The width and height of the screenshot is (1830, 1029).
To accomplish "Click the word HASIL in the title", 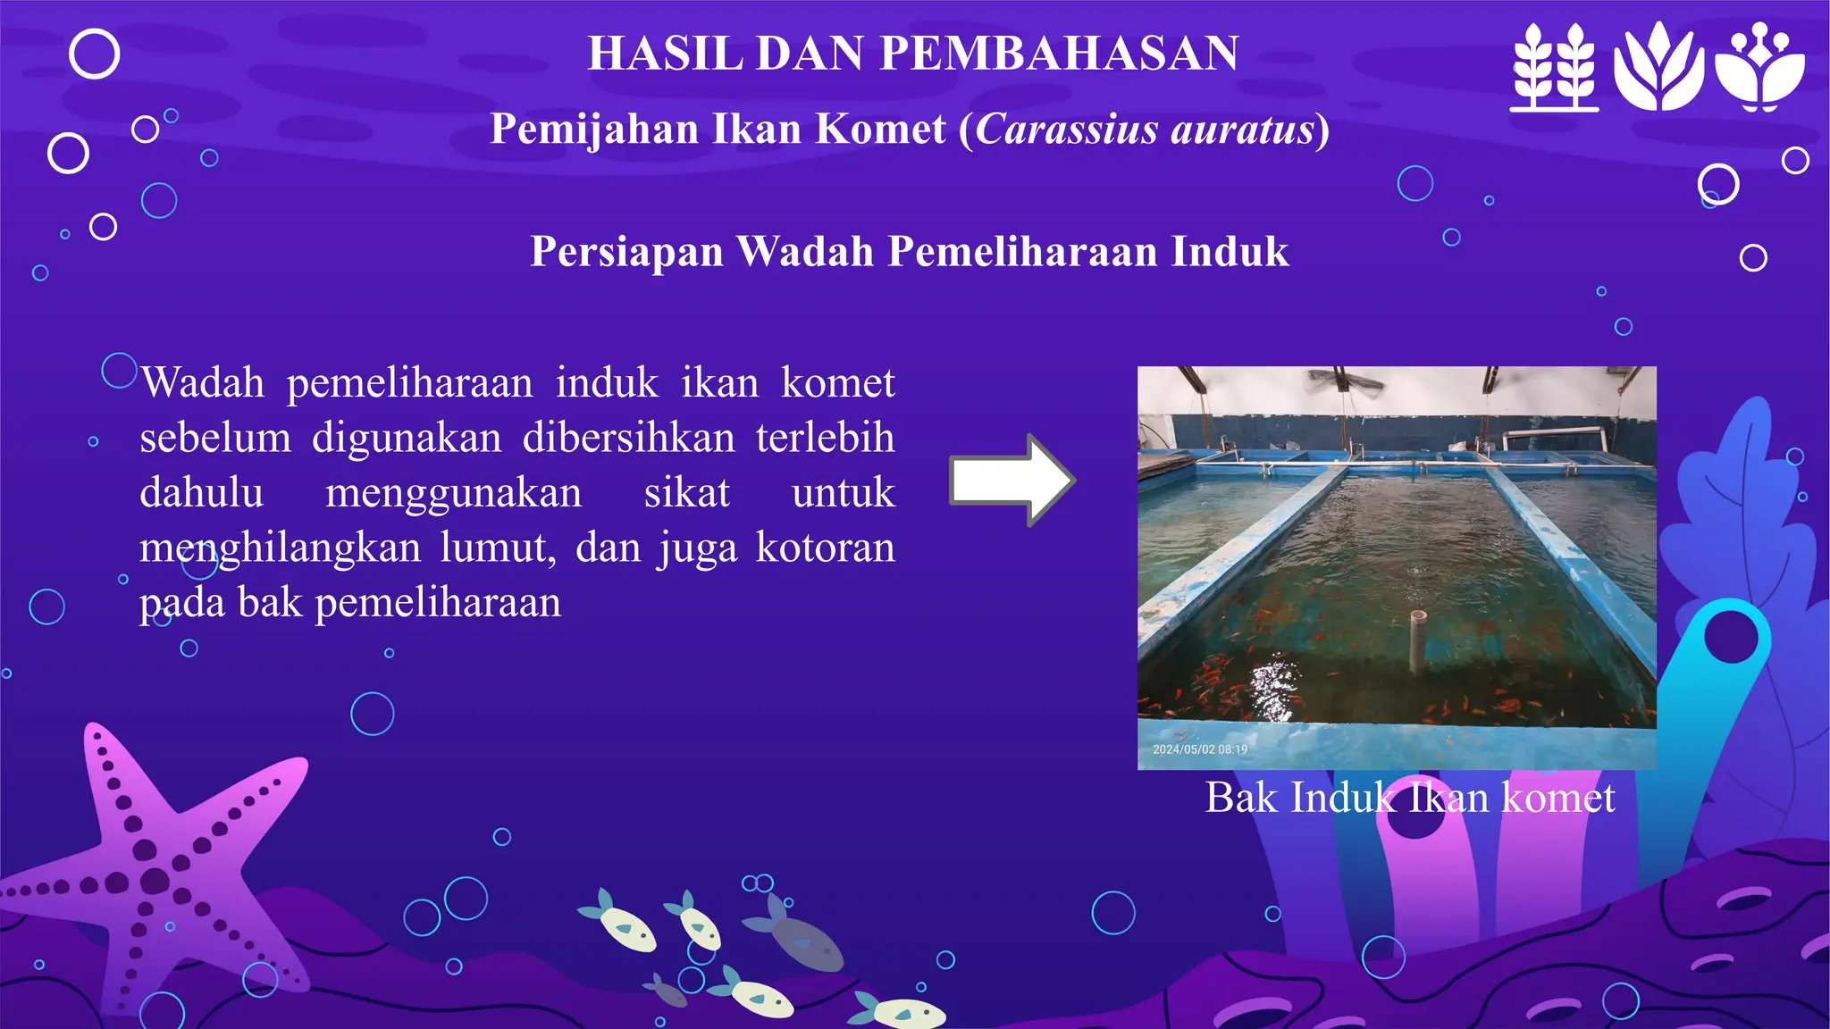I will click(x=665, y=54).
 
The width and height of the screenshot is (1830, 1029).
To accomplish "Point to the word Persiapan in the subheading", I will click(x=626, y=252).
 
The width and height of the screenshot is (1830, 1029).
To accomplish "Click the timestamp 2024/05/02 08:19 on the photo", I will click(x=1199, y=749).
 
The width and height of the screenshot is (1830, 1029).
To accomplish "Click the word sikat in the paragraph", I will click(x=686, y=493).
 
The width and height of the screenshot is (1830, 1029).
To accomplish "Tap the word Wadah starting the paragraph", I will click(x=203, y=383).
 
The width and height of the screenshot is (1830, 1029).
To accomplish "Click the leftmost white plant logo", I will click(x=1555, y=68).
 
